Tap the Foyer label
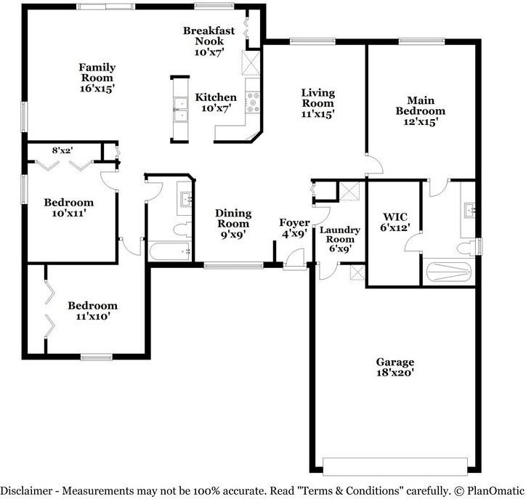tap(294, 222)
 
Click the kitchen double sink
tap(179, 113)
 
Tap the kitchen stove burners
tap(253, 102)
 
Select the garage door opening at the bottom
tap(394, 465)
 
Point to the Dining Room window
tap(233, 266)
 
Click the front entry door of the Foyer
tap(294, 259)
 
